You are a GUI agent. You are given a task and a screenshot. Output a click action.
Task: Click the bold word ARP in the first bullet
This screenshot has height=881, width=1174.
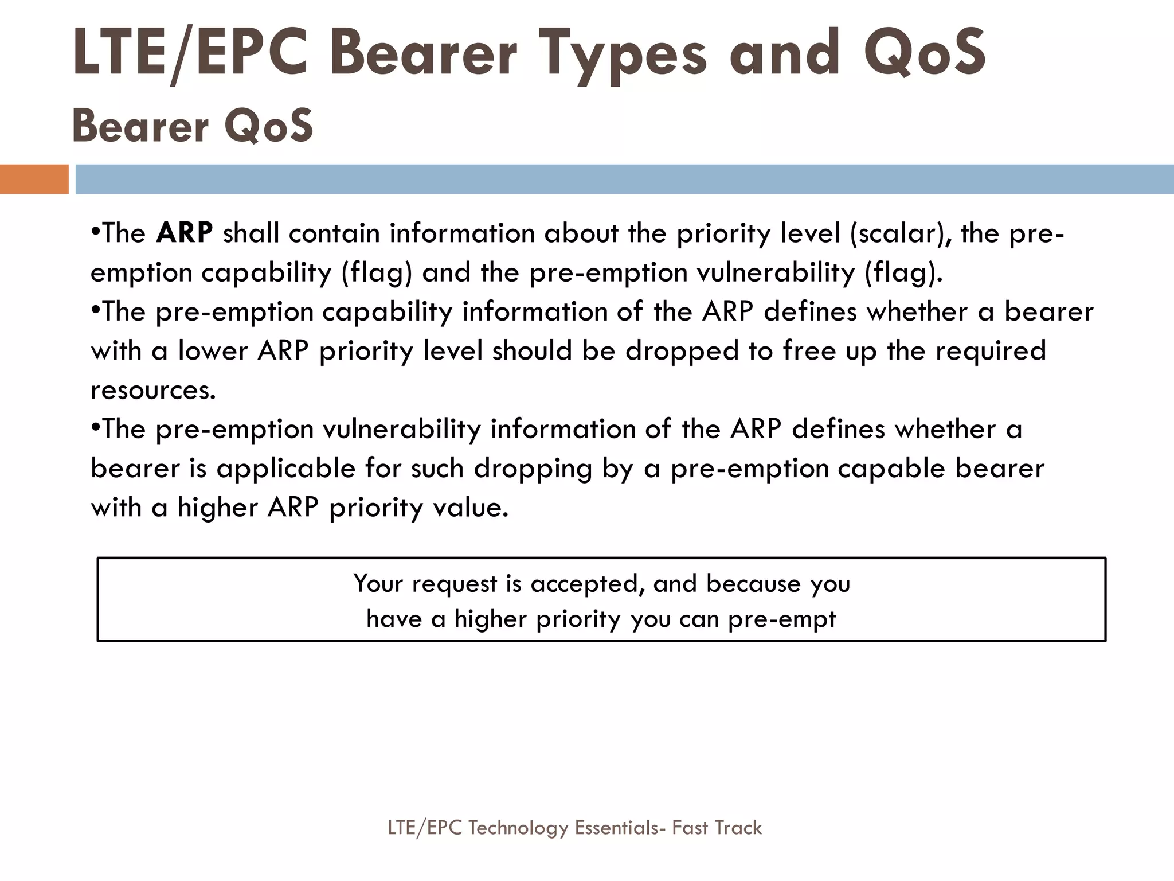185,233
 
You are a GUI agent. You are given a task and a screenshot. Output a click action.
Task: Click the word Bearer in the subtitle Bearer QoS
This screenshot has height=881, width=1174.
140,126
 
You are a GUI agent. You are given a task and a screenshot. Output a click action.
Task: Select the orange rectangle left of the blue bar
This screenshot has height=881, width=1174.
34,179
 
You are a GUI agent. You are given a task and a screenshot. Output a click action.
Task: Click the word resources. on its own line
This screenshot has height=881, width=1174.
154,390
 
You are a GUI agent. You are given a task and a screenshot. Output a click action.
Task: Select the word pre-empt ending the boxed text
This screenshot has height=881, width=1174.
782,619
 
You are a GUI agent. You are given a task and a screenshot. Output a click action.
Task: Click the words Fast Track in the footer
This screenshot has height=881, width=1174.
717,828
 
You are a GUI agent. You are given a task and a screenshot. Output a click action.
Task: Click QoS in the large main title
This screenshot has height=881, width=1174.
925,54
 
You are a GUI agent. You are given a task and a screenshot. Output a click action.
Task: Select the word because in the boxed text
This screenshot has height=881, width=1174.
753,583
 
